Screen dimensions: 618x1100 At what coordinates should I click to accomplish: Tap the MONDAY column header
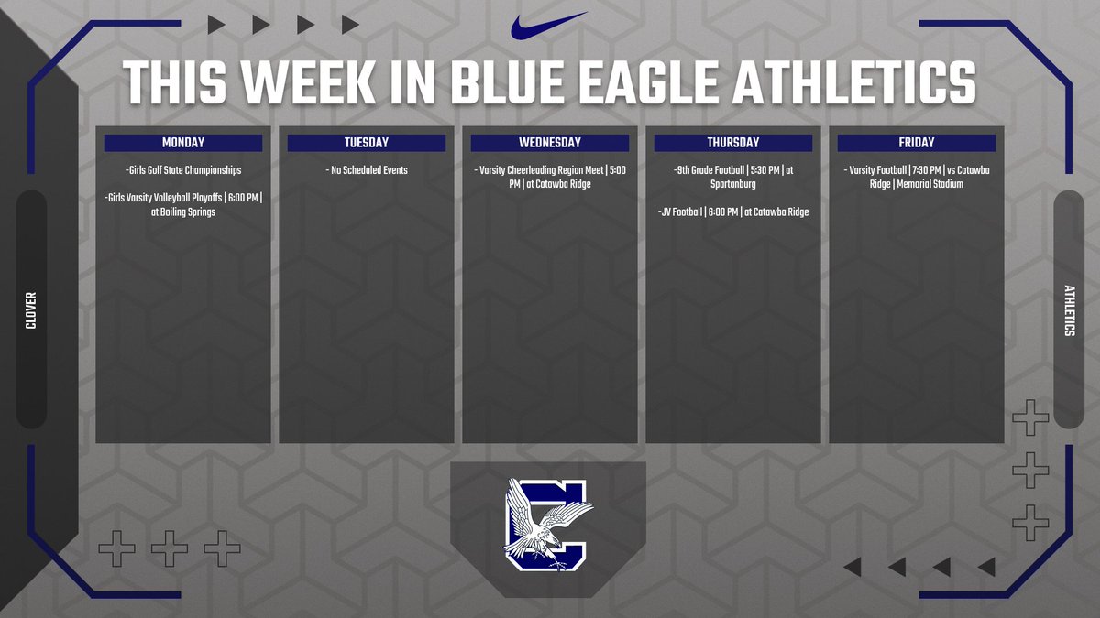183,143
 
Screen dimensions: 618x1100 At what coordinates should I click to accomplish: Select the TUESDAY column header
367,143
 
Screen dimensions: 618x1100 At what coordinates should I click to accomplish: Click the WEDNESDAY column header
550,143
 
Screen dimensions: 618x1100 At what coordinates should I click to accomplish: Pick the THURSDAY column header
733,143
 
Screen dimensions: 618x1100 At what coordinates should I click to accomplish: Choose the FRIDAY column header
917,143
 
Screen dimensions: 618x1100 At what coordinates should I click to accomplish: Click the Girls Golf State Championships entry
183,170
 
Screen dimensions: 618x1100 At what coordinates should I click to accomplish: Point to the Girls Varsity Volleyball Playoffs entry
183,204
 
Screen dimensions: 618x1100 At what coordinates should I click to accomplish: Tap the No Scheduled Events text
367,170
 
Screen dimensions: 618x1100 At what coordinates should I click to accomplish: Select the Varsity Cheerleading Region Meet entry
550,177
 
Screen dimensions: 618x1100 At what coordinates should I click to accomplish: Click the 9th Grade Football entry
733,177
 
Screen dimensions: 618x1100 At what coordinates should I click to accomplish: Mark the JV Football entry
733,212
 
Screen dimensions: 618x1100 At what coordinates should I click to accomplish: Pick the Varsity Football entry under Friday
917,177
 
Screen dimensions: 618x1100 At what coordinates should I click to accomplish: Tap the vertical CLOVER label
31,310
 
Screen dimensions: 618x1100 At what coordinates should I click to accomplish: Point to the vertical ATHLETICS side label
1069,310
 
